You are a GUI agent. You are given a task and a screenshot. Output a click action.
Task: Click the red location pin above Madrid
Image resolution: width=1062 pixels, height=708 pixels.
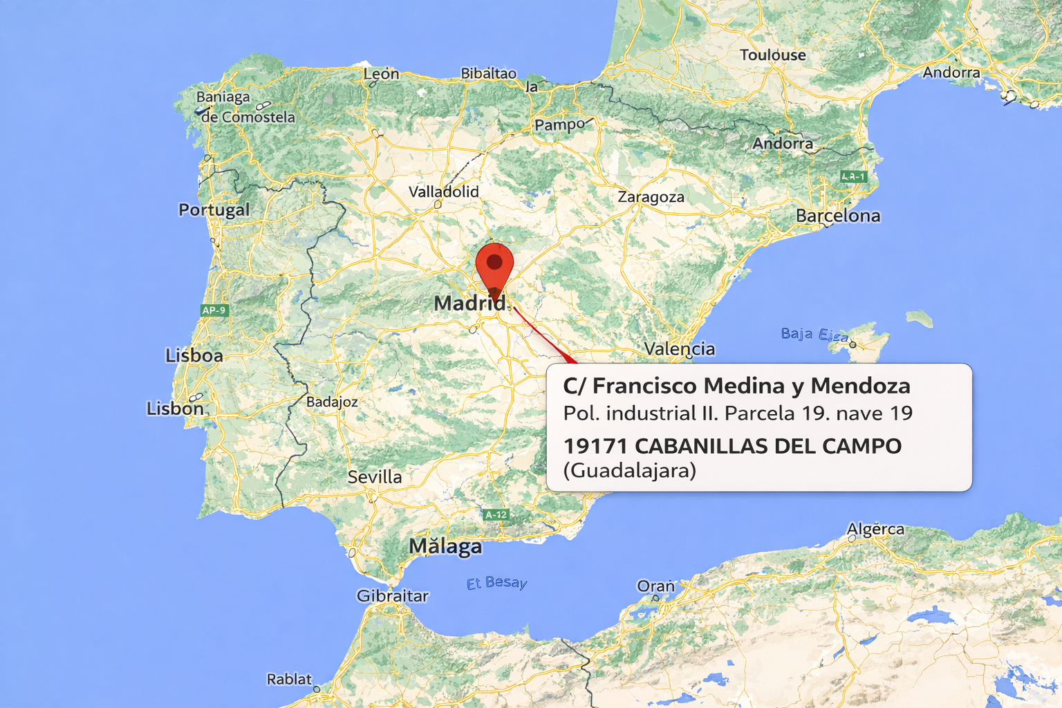[x=494, y=266]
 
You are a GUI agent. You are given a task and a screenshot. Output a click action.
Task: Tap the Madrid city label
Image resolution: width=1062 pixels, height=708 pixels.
[x=469, y=303]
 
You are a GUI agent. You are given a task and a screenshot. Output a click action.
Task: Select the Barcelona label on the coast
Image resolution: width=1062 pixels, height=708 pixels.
[x=838, y=216]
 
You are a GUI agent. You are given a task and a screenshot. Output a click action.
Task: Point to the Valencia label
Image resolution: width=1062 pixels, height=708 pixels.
[x=679, y=348]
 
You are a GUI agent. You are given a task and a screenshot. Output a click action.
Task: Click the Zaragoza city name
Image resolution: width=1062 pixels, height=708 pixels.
[x=651, y=197]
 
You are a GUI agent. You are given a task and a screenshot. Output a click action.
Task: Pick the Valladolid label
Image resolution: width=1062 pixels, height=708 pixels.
[x=443, y=192]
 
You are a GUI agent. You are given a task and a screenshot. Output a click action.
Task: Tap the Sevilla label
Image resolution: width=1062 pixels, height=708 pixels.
[x=374, y=477]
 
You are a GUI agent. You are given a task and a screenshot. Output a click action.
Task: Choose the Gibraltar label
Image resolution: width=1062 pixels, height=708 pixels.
[x=392, y=596]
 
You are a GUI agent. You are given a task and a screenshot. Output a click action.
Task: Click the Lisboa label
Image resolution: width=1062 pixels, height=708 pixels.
[x=194, y=355]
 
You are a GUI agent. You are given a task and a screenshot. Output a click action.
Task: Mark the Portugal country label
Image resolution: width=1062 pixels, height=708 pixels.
[x=214, y=209]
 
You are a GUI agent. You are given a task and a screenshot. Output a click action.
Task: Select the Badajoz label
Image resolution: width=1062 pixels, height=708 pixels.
[x=332, y=402]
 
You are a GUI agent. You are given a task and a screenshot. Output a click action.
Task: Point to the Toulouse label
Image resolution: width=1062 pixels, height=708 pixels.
[x=772, y=55]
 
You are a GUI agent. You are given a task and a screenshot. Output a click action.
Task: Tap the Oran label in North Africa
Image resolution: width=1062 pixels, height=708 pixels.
[x=655, y=586]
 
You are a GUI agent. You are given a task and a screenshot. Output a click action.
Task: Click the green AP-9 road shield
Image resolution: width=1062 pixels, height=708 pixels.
[x=214, y=310]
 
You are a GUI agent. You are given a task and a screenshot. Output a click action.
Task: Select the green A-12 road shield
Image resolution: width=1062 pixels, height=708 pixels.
[x=496, y=514]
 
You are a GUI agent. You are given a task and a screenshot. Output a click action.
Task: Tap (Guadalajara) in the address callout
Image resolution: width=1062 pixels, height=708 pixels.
[x=629, y=471]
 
